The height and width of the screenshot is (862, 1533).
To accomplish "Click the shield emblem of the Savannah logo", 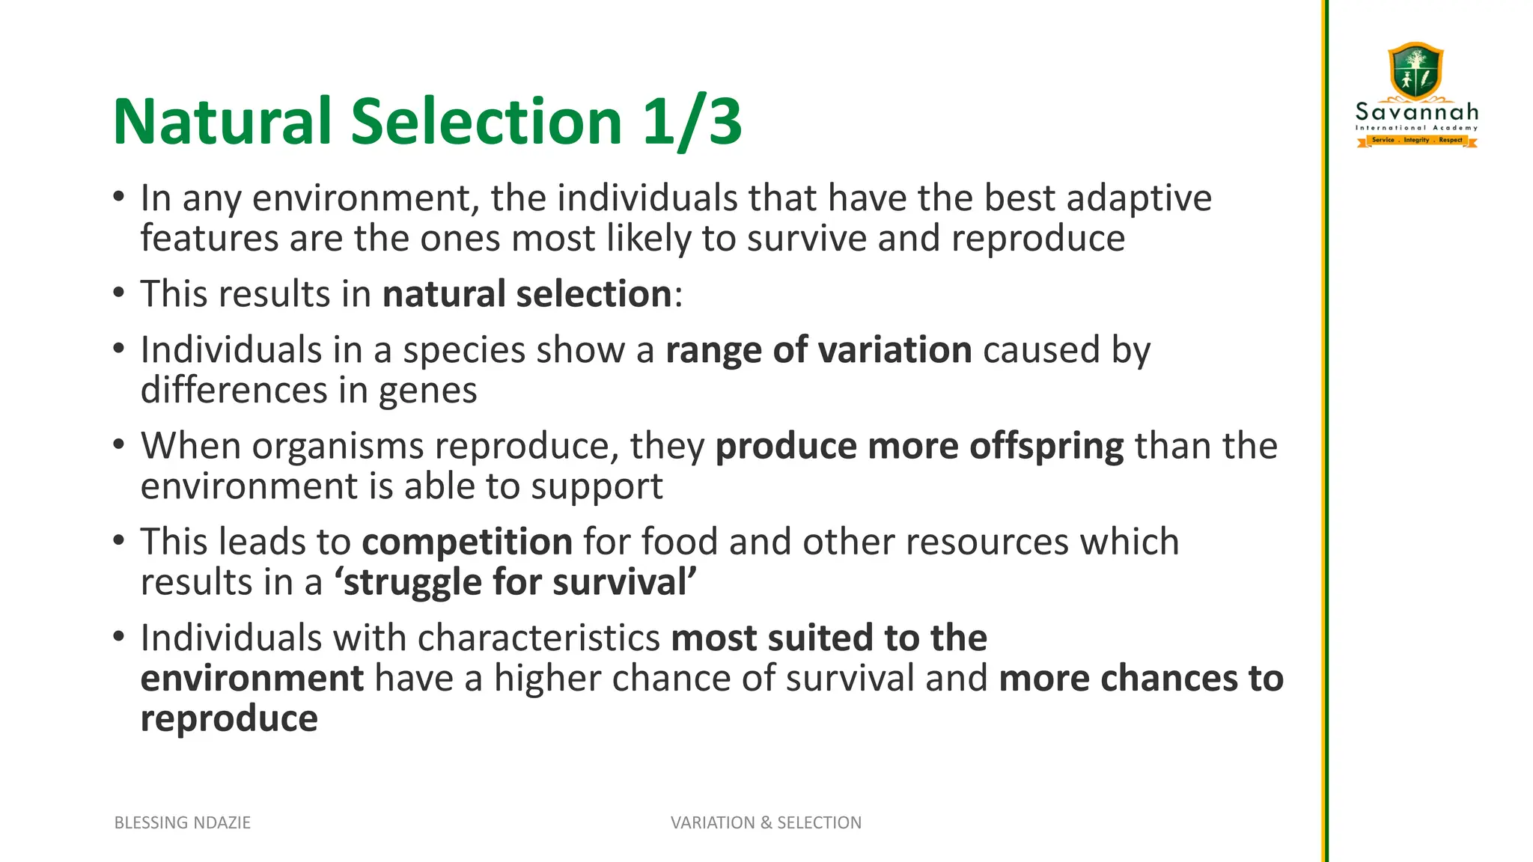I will click(1415, 70).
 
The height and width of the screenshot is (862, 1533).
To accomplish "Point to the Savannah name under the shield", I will click(1417, 112).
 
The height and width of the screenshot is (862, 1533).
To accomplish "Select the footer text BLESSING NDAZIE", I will click(183, 822).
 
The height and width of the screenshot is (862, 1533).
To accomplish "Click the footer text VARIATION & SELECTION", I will click(766, 822).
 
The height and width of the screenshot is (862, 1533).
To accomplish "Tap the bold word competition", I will click(467, 542).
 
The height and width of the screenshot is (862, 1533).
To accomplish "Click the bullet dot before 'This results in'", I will click(119, 293).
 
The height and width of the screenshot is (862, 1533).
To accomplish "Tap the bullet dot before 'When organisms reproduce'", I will click(119, 445).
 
